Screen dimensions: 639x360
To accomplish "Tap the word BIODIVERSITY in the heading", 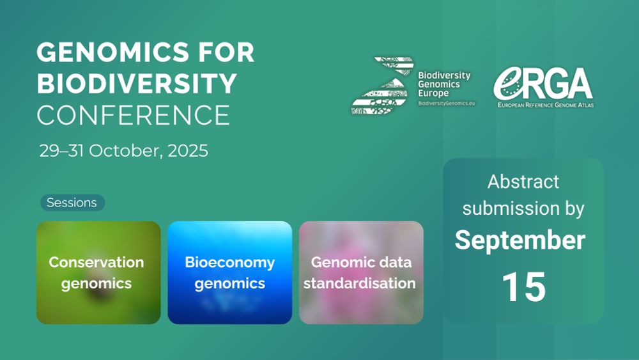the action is (137, 84).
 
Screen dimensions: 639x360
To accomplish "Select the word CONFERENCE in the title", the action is (134, 115).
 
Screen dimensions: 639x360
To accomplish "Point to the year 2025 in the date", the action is (188, 150).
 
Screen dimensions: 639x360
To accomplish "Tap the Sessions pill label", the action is (72, 203).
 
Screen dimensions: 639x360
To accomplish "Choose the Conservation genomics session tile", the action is (98, 273).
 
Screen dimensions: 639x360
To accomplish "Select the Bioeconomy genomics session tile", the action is (230, 273).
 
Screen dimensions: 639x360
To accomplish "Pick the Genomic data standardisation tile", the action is (361, 273).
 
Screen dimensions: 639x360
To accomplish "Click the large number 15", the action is (524, 287).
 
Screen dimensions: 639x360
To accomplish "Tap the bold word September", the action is (520, 240).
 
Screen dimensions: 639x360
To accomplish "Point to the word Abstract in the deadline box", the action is (523, 182).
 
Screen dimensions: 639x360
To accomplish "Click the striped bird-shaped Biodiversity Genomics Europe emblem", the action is (383, 86).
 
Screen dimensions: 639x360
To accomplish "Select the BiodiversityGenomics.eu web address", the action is (446, 104).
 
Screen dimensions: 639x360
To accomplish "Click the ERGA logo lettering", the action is (543, 83).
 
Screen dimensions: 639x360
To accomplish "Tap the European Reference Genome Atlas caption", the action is (545, 105).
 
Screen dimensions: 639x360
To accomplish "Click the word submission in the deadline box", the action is (511, 208).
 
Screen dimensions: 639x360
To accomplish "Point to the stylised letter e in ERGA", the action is (508, 83).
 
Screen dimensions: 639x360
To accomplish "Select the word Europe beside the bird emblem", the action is (433, 93).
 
